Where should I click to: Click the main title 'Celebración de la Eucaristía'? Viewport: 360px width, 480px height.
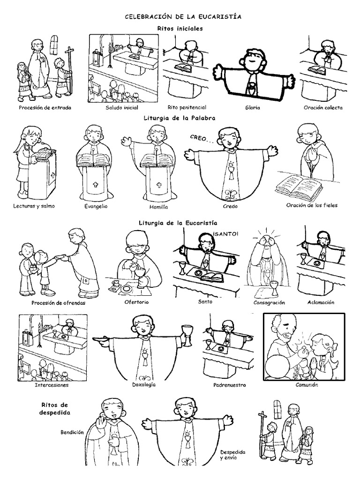tap(183, 16)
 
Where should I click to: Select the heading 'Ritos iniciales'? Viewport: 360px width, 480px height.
tap(180, 29)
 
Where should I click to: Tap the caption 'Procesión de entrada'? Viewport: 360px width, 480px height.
tap(45, 107)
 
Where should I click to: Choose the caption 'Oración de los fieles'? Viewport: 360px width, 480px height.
tap(312, 205)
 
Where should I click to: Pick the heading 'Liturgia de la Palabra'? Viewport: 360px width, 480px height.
tap(180, 118)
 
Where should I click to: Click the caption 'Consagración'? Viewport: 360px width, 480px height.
tap(269, 302)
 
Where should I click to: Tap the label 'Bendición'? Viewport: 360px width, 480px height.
tap(72, 432)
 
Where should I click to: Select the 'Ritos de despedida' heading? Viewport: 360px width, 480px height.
tap(55, 409)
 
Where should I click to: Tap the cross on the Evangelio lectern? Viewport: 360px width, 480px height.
tap(95, 184)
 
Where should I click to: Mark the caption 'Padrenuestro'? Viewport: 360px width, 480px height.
tap(230, 385)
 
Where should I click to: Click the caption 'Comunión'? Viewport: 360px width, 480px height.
tap(307, 385)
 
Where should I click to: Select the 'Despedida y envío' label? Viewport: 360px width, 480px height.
tap(232, 455)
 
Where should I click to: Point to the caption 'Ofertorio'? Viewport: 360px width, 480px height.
tap(136, 302)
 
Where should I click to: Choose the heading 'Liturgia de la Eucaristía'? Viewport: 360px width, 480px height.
tap(178, 223)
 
